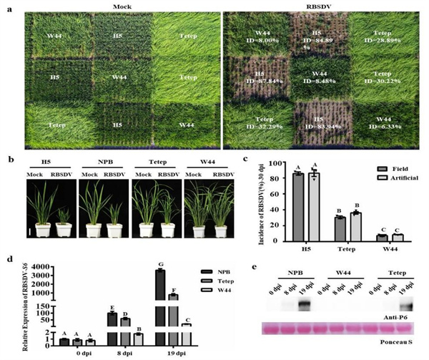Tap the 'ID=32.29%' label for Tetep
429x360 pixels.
point(255,129)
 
